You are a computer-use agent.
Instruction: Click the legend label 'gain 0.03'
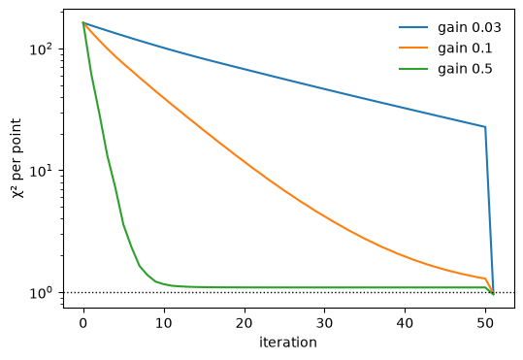coord(470,28)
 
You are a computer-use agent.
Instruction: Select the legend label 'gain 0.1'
coord(465,49)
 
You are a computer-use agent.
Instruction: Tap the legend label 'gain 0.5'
coord(465,69)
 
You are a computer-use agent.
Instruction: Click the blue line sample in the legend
coord(413,27)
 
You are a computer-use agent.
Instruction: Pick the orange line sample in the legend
coord(413,49)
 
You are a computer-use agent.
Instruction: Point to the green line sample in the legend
coord(413,69)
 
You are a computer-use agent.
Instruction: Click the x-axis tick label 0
coord(83,323)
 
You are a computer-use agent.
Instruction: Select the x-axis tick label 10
coord(163,323)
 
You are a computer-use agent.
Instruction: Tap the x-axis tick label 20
coord(244,323)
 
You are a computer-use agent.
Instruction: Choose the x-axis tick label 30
coord(324,323)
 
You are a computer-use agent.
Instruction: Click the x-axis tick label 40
coord(405,323)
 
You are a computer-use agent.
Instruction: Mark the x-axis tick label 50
coord(485,323)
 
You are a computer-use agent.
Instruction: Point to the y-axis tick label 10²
coord(42,49)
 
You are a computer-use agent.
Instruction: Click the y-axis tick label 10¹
coord(42,172)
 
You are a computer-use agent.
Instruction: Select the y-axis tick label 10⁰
coord(42,293)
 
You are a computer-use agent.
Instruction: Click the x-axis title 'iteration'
coord(288,343)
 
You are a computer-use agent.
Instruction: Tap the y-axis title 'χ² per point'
coord(16,158)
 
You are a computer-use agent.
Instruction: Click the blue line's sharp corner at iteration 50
coord(485,127)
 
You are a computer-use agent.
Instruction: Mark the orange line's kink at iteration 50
coord(485,278)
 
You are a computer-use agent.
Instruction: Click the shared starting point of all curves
coord(83,22)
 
